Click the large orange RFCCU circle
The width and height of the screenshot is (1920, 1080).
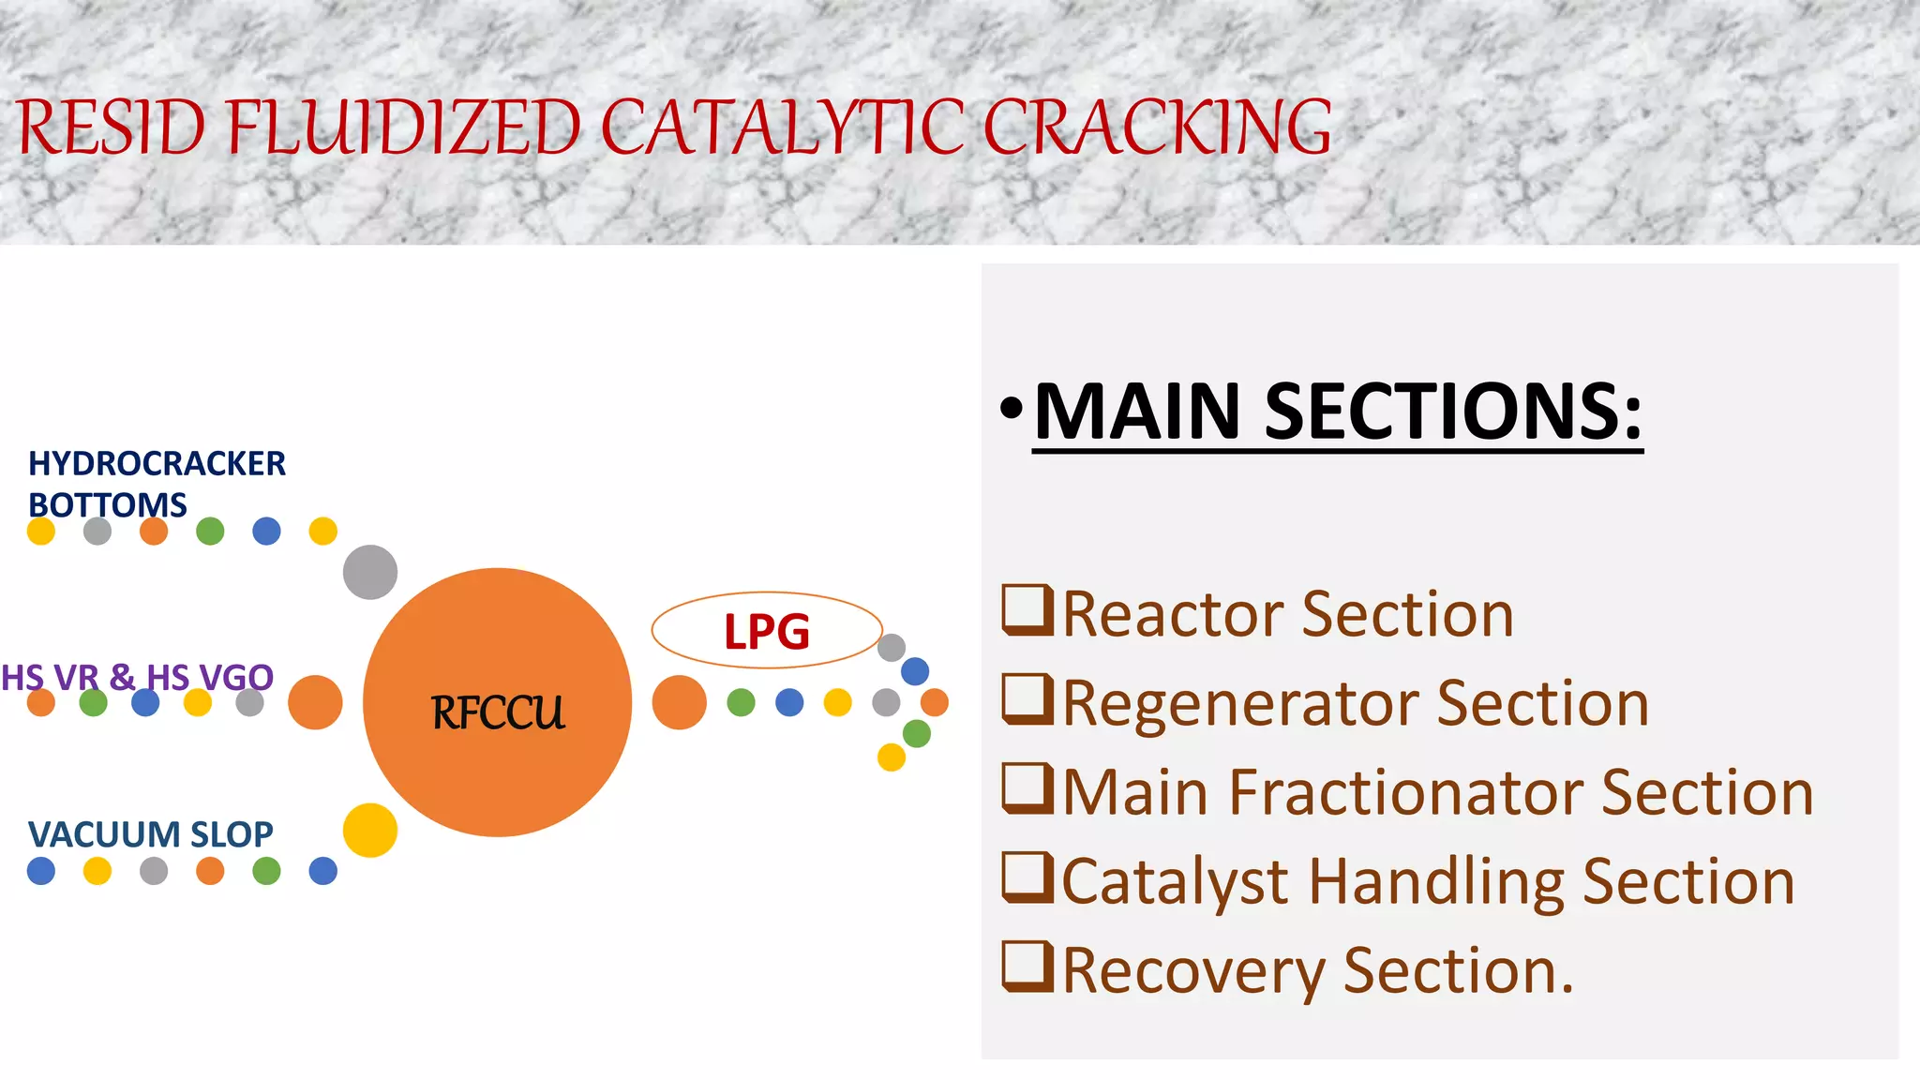click(x=497, y=702)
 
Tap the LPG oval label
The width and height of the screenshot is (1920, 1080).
click(x=767, y=630)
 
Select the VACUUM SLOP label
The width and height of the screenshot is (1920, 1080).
click(x=150, y=833)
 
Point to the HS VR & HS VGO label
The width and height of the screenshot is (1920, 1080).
click(x=137, y=676)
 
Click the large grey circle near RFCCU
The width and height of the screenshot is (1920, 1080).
click(x=370, y=572)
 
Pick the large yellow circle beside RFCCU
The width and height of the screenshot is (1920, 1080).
click(x=370, y=830)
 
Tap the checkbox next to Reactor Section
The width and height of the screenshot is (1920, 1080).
click(x=1027, y=610)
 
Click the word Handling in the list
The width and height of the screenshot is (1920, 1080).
click(x=1436, y=882)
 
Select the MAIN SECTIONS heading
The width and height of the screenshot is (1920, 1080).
click(x=1338, y=412)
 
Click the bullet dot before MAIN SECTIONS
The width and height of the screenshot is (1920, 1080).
click(x=1011, y=409)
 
